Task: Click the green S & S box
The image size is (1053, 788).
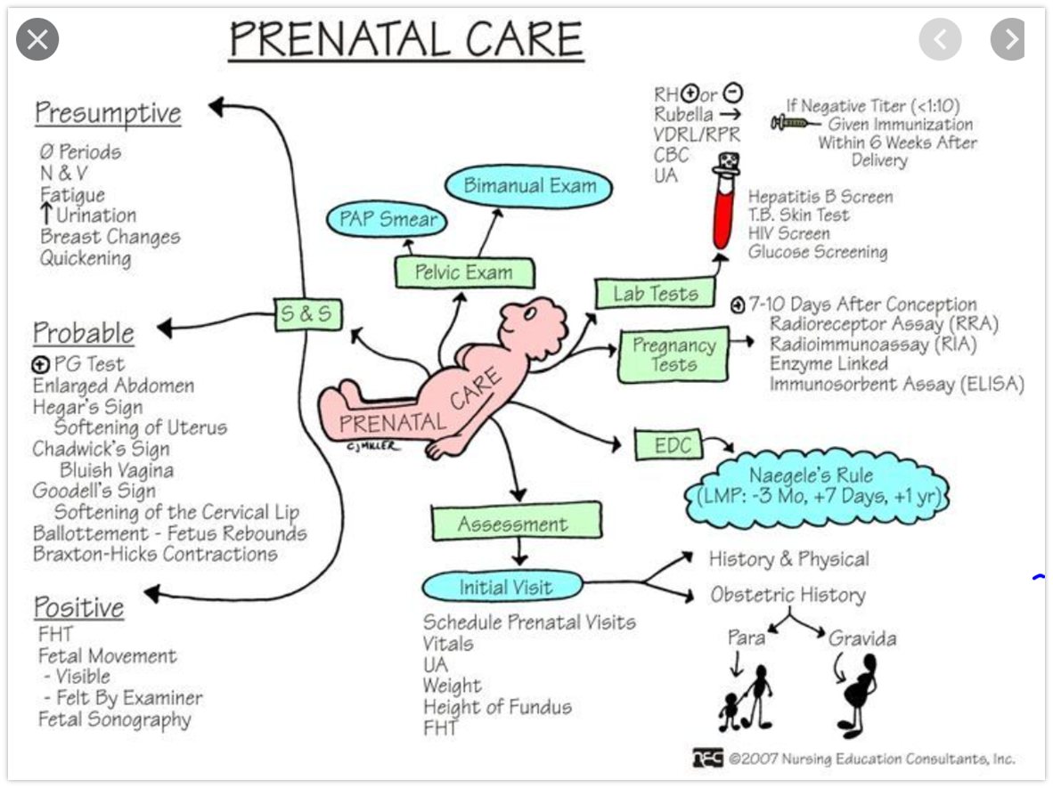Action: point(307,314)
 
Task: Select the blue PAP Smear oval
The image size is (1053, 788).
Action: point(387,219)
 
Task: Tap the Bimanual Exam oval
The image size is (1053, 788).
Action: point(530,187)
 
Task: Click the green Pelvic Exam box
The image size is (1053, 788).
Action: point(464,272)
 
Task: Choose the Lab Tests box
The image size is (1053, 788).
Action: point(655,294)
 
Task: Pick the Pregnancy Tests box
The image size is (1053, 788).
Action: point(673,354)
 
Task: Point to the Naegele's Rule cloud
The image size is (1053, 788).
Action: point(815,486)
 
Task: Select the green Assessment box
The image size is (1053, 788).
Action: point(511,524)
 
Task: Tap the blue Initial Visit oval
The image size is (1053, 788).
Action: point(505,588)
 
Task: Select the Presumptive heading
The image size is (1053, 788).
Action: point(108,113)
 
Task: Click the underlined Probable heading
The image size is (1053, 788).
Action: point(84,332)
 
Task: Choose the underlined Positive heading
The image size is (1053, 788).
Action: point(78,607)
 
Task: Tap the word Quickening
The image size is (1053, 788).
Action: point(86,258)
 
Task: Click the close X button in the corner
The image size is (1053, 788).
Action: point(37,39)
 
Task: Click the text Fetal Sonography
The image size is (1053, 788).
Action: point(114,719)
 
